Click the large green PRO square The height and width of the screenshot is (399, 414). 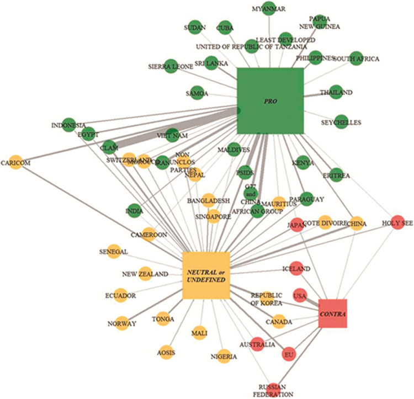pos(270,100)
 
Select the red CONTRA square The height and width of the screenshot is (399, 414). pos(332,313)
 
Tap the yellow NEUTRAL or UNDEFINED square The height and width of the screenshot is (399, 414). pos(205,275)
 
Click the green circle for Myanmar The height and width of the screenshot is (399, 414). pos(268,9)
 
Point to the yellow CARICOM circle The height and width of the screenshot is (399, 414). pos(15,163)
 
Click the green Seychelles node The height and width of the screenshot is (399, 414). pos(342,122)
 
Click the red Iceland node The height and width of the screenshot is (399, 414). pos(296,268)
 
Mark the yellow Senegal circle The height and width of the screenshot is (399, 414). pos(113,251)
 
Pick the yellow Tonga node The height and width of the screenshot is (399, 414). pos(162,318)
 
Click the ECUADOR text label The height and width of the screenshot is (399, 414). pos(120,296)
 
